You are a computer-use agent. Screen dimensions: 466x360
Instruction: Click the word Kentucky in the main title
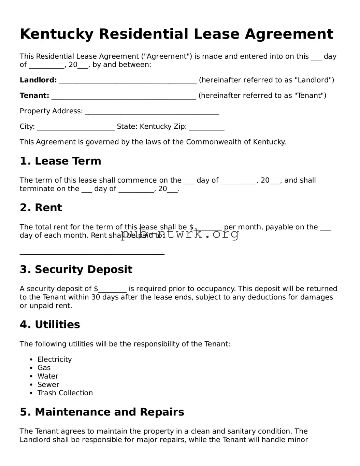click(x=56, y=34)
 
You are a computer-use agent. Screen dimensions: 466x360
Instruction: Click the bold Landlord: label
click(x=38, y=80)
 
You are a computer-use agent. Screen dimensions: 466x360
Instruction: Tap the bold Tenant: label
click(x=34, y=96)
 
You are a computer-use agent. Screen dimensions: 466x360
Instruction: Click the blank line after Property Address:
click(x=152, y=113)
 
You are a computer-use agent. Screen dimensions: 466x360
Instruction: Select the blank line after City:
click(x=75, y=128)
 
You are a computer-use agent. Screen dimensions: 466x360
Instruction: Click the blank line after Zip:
click(x=206, y=128)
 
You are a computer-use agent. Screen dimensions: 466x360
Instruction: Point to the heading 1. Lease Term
click(x=60, y=161)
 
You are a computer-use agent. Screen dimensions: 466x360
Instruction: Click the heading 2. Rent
click(x=41, y=208)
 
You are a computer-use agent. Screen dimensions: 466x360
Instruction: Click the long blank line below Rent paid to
click(x=92, y=253)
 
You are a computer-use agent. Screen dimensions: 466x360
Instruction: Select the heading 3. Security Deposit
click(x=76, y=269)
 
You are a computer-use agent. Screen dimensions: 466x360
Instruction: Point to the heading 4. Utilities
click(x=50, y=324)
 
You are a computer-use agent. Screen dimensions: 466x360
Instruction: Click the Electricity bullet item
click(x=55, y=359)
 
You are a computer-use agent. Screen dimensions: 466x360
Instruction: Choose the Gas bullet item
click(x=44, y=368)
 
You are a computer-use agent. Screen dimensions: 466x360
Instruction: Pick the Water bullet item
click(x=48, y=376)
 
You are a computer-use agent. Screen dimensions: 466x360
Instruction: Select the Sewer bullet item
click(x=48, y=384)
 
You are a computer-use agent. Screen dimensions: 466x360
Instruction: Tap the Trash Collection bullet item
click(x=65, y=393)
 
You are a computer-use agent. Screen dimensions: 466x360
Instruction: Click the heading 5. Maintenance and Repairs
click(x=102, y=412)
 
